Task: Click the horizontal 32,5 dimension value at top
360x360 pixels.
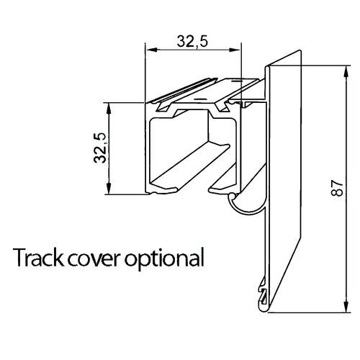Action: (192, 42)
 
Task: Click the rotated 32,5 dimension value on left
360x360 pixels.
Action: (99, 148)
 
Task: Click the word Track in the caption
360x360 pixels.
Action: (35, 256)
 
